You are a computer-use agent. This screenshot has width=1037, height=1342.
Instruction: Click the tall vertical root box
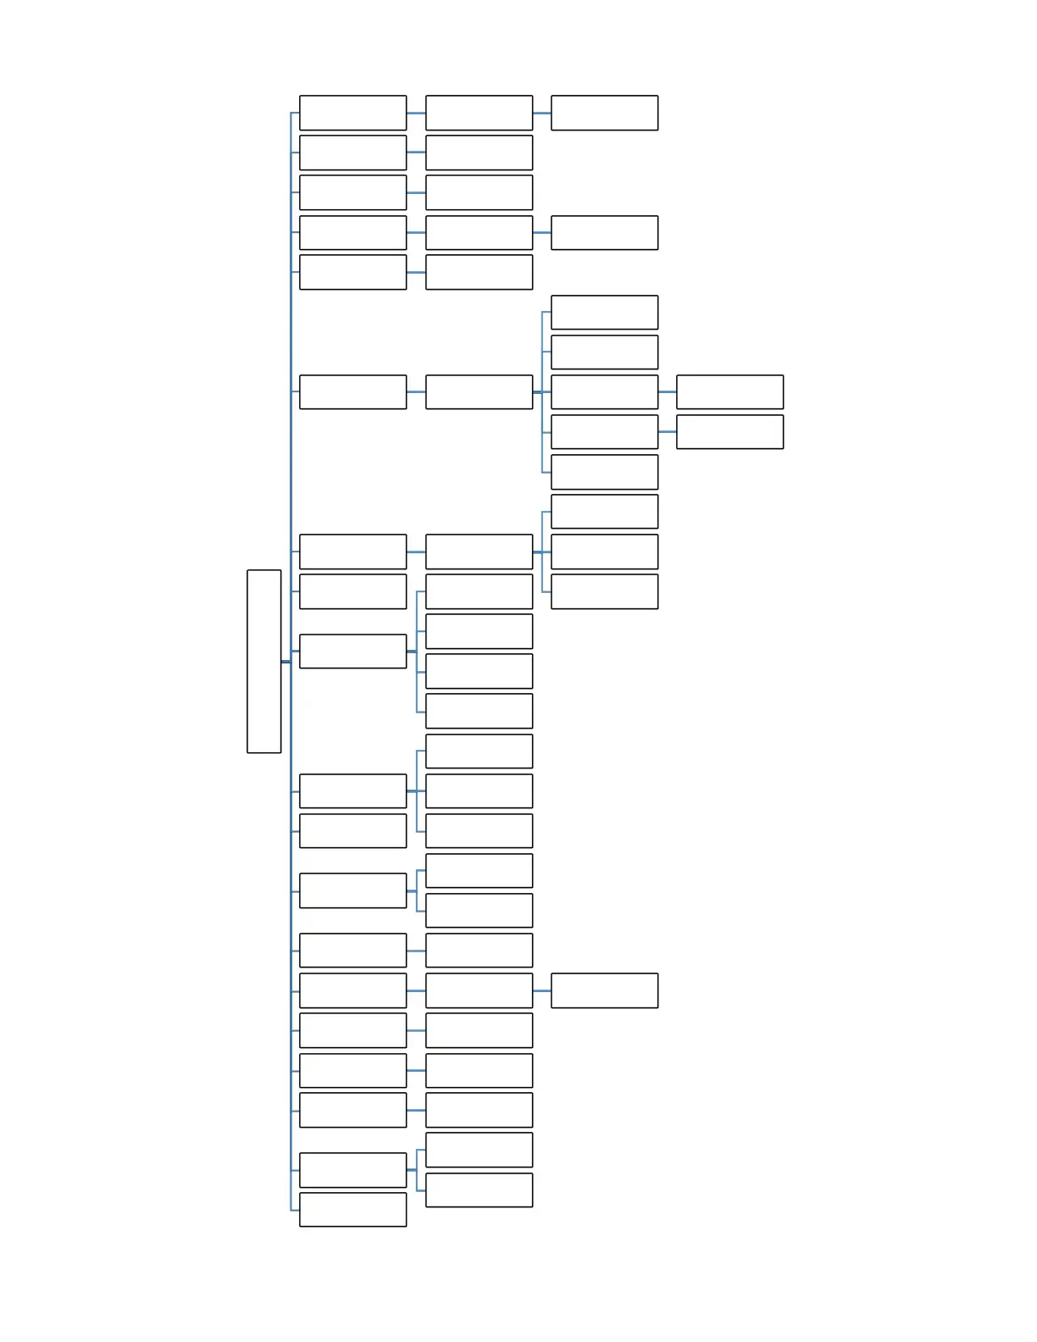(263, 661)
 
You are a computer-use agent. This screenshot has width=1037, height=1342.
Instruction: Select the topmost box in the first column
(352, 113)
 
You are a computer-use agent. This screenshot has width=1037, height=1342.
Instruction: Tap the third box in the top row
(604, 113)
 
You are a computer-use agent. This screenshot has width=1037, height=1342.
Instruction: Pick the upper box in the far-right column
(729, 391)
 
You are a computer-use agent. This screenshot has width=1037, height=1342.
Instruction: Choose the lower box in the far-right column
(729, 431)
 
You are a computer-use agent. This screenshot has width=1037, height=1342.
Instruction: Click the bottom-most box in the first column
(352, 1209)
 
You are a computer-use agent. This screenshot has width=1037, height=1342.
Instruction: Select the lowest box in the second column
(479, 1189)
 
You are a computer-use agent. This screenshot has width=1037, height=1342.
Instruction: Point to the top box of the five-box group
(604, 312)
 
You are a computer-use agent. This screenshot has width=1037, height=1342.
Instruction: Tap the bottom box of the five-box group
(604, 472)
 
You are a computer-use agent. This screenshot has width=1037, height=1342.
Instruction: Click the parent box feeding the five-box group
(479, 391)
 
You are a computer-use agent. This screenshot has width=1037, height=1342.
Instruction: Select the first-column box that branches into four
(352, 651)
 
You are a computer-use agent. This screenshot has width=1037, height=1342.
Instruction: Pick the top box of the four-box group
(479, 591)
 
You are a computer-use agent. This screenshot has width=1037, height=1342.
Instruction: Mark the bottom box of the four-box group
(479, 711)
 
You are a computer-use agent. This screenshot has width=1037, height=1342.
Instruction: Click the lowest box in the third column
(604, 990)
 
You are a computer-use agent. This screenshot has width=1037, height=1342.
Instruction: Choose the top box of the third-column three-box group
(604, 511)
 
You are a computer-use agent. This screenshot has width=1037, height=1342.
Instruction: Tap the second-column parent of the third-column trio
(479, 552)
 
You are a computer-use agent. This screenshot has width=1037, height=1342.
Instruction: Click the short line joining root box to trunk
(286, 662)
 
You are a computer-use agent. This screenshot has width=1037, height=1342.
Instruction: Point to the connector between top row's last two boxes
(541, 113)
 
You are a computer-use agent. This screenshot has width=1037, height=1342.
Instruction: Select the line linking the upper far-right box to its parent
(667, 391)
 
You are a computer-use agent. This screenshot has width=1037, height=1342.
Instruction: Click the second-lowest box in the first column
(352, 1169)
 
